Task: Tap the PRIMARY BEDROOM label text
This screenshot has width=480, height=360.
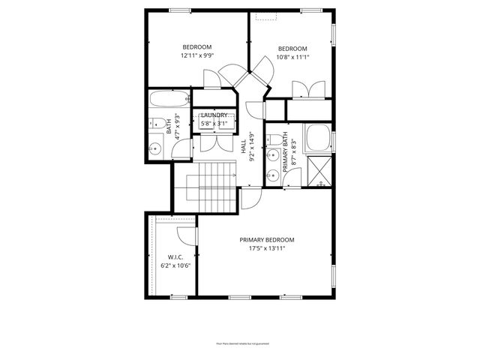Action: point(267,240)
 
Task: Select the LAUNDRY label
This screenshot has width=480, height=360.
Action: point(214,115)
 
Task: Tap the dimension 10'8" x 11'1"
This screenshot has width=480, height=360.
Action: point(292,56)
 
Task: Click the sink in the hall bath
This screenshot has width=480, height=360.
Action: point(155,148)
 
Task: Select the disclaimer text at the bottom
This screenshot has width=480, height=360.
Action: point(239,343)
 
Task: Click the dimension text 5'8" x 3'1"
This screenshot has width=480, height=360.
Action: point(214,123)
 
